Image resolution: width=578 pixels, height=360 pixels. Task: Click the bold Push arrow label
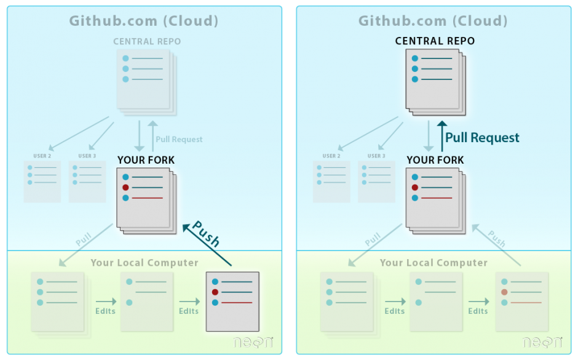coord(206,234)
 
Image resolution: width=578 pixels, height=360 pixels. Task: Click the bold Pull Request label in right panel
coord(482,138)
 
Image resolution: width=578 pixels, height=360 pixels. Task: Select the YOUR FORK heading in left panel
coord(146,160)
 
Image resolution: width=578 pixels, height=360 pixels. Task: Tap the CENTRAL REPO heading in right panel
coord(435,41)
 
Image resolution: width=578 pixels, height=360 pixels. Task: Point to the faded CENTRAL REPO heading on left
coord(147,41)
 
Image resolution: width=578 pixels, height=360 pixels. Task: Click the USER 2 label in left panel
coord(42,156)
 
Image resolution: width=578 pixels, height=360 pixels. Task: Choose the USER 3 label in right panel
coord(376,156)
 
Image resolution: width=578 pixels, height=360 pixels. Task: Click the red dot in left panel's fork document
coord(125,187)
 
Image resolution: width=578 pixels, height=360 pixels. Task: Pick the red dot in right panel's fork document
coord(415,187)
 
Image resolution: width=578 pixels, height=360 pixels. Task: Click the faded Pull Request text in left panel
coord(179,139)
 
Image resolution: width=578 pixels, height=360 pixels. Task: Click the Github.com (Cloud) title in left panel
coord(144,20)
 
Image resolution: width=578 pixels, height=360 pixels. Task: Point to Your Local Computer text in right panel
coord(434,263)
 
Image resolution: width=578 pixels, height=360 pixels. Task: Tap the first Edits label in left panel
coord(105,311)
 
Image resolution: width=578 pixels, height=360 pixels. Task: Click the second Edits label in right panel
coord(478,311)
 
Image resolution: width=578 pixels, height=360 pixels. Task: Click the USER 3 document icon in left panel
coord(87,182)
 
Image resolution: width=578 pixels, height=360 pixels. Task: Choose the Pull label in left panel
coord(84,239)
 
